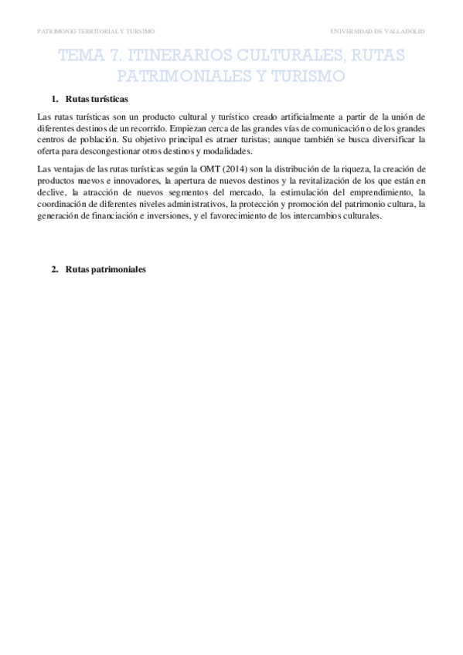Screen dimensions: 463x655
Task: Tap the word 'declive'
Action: tap(51, 192)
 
